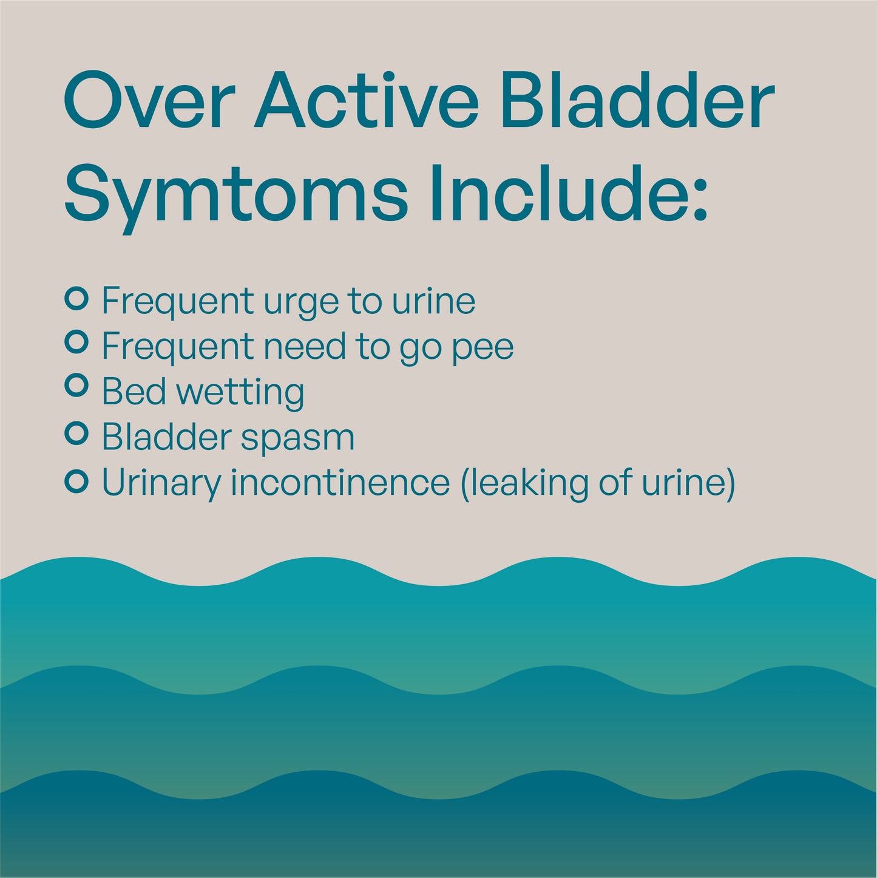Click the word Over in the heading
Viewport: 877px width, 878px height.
[x=149, y=101]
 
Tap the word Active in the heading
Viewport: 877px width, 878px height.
[x=367, y=101]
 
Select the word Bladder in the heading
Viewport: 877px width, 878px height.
[x=637, y=101]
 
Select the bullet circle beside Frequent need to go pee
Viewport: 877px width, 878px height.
[x=76, y=342]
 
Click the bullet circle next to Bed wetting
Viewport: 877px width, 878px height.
[x=76, y=386]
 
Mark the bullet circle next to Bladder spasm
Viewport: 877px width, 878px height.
[x=76, y=434]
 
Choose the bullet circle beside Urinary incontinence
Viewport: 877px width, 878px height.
[x=76, y=482]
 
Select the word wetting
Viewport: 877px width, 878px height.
[x=240, y=393]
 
